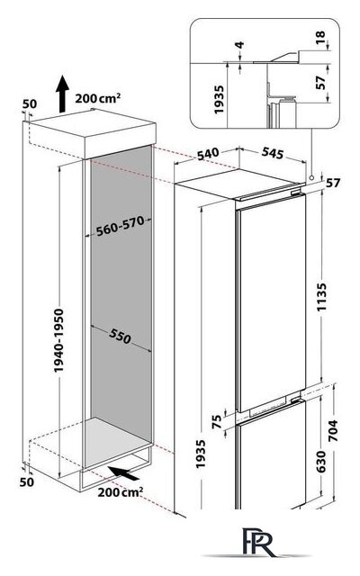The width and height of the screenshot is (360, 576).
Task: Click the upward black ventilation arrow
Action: click(x=63, y=94)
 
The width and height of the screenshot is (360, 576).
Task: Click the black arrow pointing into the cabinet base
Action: click(x=124, y=472)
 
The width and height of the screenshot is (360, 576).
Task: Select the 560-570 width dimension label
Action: click(x=120, y=226)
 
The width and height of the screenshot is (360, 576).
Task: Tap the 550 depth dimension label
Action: click(x=120, y=336)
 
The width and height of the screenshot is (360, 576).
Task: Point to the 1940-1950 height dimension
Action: click(x=58, y=340)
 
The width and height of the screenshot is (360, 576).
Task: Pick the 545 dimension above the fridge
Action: click(x=273, y=153)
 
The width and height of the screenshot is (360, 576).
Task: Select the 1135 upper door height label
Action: click(x=321, y=297)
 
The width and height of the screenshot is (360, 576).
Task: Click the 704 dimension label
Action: click(x=332, y=430)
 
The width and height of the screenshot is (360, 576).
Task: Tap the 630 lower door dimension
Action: click(x=320, y=462)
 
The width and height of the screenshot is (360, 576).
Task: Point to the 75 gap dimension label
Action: click(x=218, y=421)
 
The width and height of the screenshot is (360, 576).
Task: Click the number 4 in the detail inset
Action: click(x=239, y=45)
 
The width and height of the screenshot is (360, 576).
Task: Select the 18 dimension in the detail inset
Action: click(x=320, y=38)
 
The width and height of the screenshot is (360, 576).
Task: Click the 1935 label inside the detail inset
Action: click(x=219, y=100)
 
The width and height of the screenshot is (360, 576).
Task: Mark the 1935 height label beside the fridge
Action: click(x=201, y=454)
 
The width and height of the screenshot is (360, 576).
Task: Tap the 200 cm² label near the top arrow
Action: click(x=98, y=98)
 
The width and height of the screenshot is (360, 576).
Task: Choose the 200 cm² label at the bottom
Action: click(x=120, y=492)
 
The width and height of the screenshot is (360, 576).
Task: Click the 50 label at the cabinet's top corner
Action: click(x=30, y=104)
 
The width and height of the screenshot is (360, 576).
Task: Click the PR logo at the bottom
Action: click(x=258, y=542)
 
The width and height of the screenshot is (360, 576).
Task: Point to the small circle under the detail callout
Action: click(x=311, y=177)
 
